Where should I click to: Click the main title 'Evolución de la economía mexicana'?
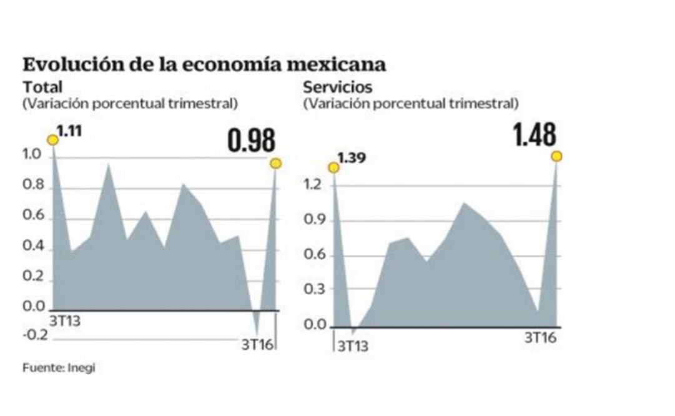pyautogui.click(x=204, y=65)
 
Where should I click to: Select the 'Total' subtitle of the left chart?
pyautogui.click(x=42, y=87)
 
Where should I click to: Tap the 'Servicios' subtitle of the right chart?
pyautogui.click(x=337, y=87)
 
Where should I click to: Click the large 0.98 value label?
pyautogui.click(x=251, y=141)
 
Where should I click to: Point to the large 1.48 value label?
pyautogui.click(x=534, y=134)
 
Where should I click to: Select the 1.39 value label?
pyautogui.click(x=352, y=158)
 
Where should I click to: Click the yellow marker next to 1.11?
pyautogui.click(x=53, y=140)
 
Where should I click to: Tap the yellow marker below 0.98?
pyautogui.click(x=275, y=164)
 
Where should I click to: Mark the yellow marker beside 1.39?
pyautogui.click(x=334, y=167)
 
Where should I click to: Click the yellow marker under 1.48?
pyautogui.click(x=556, y=156)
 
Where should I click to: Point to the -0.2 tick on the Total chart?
pyautogui.click(x=36, y=335)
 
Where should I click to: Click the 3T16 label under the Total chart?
pyautogui.click(x=257, y=344)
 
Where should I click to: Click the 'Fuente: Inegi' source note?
pyautogui.click(x=59, y=368)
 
